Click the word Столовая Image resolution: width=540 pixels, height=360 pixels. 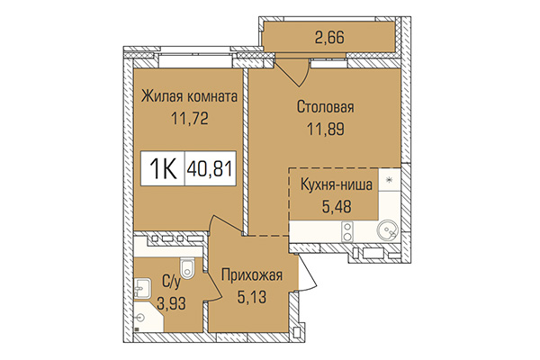point(326,107)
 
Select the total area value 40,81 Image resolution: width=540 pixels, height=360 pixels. point(210,168)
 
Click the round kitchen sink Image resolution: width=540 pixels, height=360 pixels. point(388,229)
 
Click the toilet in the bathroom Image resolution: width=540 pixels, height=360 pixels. point(186,268)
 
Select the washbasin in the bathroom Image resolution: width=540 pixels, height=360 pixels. point(143,288)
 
